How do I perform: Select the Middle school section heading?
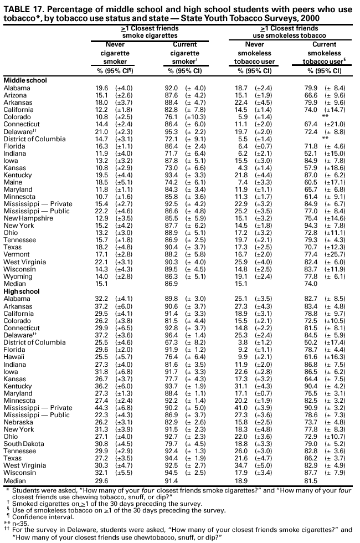click(x=25, y=80)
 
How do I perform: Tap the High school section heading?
click(x=22, y=291)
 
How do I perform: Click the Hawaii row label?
click(x=14, y=357)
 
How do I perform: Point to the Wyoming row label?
click(x=17, y=276)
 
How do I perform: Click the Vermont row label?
click(x=17, y=255)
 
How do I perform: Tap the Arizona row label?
click(x=16, y=95)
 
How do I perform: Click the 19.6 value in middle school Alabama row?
click(x=101, y=88)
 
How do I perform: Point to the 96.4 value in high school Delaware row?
click(x=174, y=336)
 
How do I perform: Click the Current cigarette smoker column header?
click(x=186, y=53)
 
